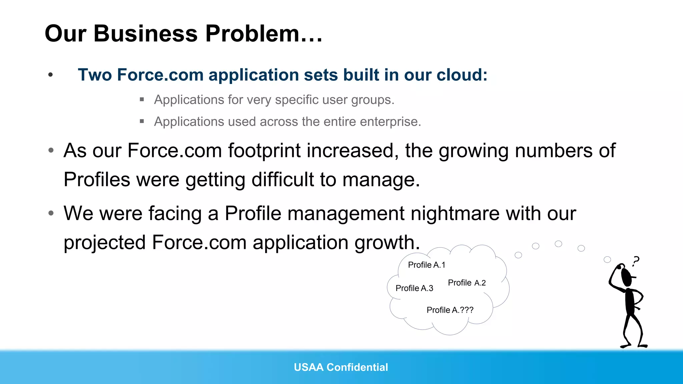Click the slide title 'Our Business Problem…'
pos(183,34)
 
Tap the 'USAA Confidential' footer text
pos(341,367)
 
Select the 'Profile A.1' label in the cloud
pos(427,265)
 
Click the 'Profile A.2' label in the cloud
pos(467,283)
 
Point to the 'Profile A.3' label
pos(414,288)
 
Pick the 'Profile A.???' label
pos(450,310)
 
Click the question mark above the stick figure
pos(636,261)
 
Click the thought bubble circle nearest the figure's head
pos(607,259)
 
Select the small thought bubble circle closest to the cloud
pos(518,255)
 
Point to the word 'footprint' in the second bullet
pos(264,151)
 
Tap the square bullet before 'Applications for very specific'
pos(142,99)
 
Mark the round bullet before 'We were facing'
pos(51,213)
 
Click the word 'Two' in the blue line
pos(95,75)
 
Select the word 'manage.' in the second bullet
pos(381,180)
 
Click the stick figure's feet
pos(634,345)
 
